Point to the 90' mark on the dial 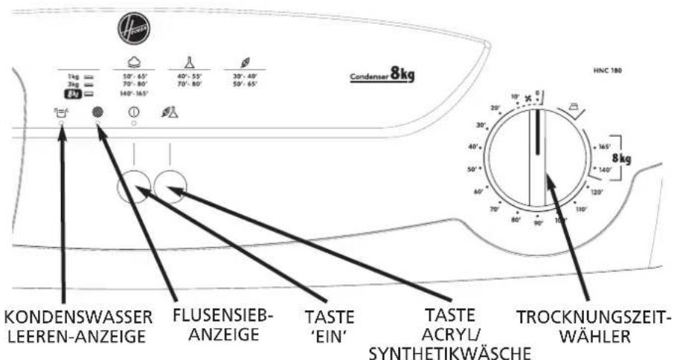538,222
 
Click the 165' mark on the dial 603,147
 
